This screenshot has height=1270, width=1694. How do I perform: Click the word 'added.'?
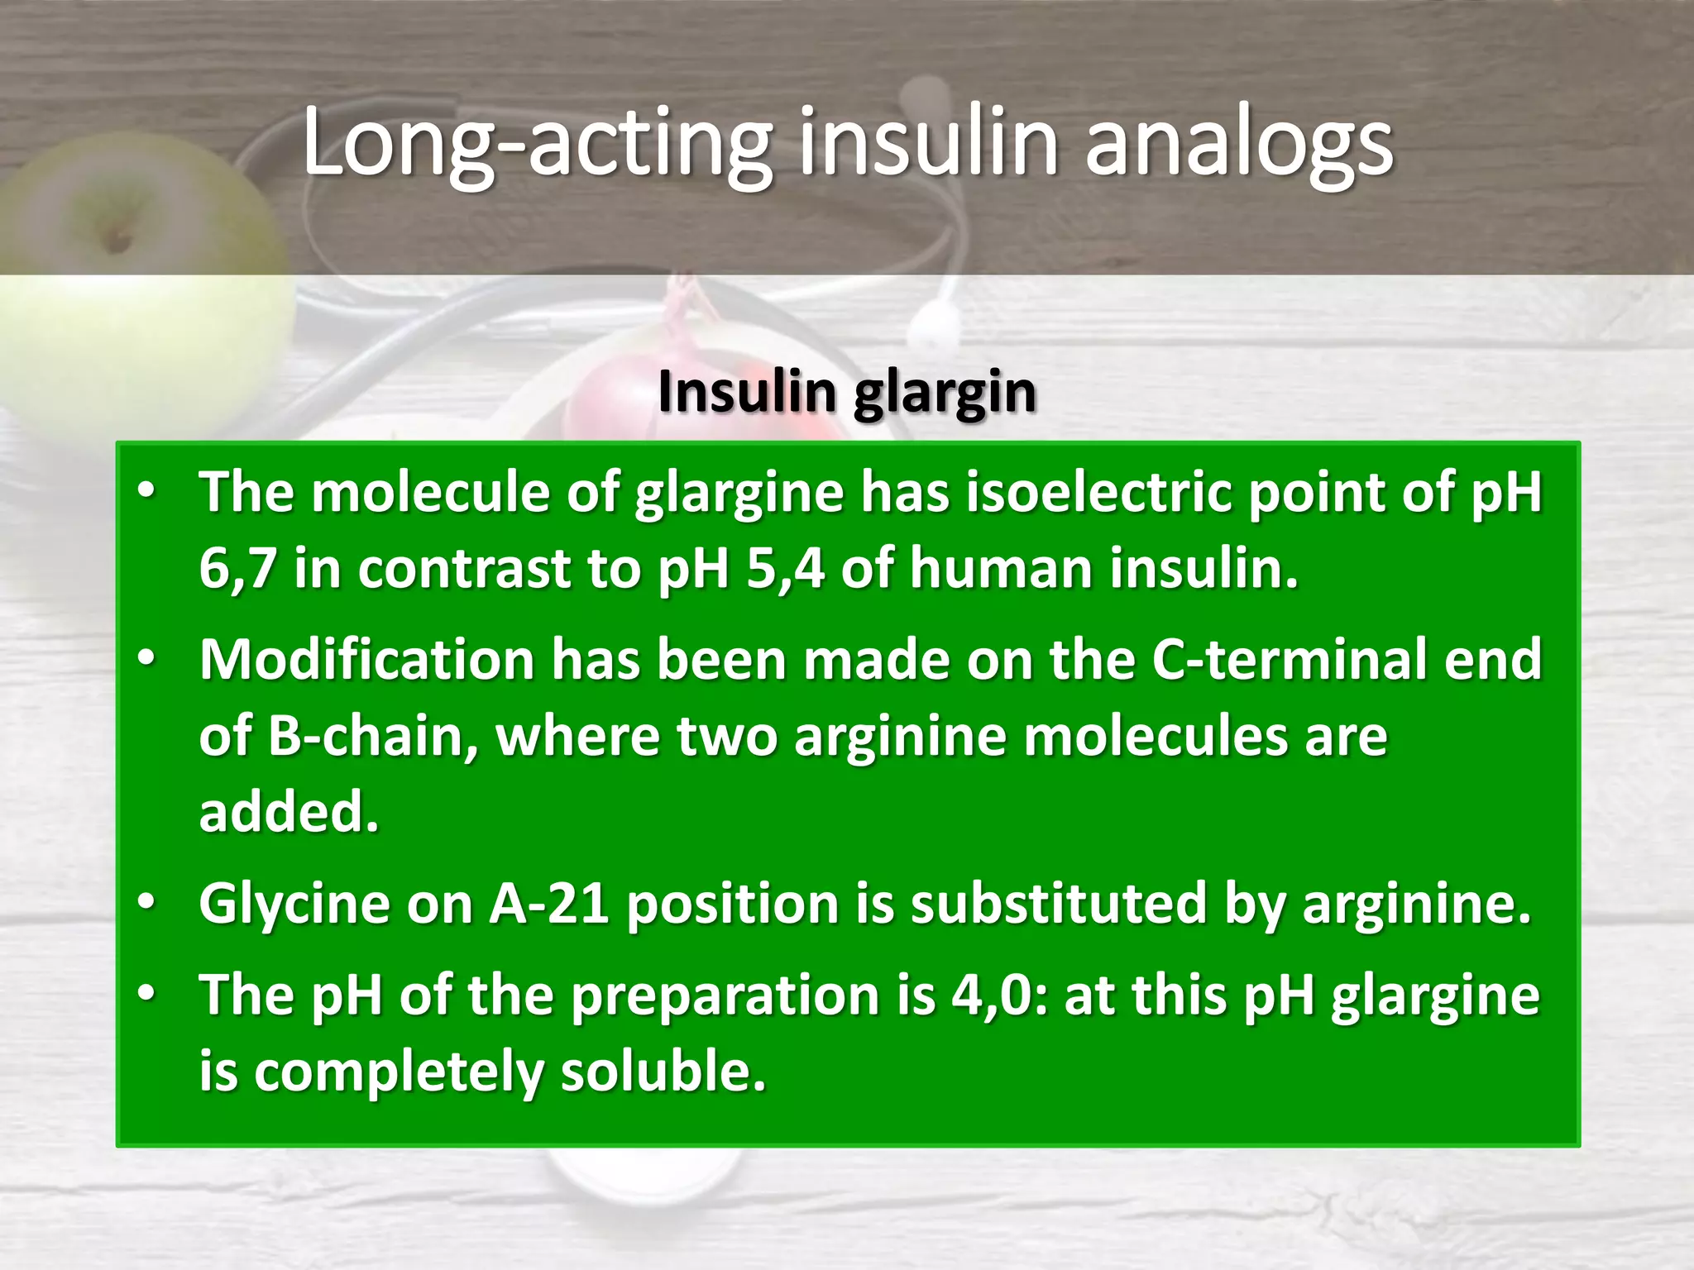[x=289, y=812]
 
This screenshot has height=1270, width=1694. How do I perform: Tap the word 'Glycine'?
[x=294, y=904]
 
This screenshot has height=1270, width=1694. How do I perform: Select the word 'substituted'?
[x=1059, y=904]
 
